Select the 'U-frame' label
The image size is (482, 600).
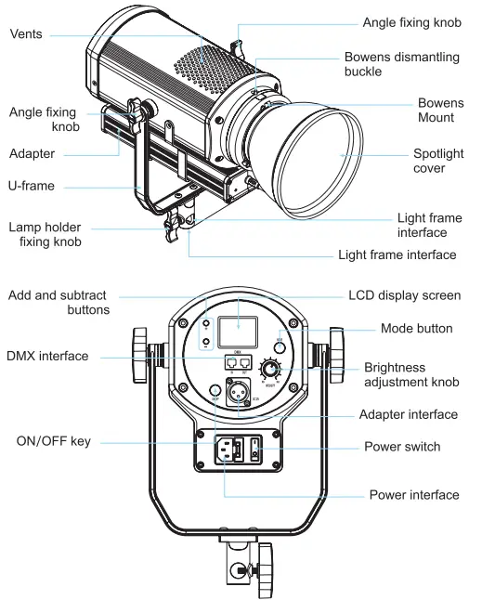(32, 186)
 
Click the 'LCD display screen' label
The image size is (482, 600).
(404, 295)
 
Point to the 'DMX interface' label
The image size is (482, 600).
(46, 356)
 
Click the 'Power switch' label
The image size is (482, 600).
(403, 447)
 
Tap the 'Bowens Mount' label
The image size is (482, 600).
(436, 110)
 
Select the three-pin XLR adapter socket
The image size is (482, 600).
(239, 393)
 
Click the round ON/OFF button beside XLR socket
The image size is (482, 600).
(214, 391)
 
